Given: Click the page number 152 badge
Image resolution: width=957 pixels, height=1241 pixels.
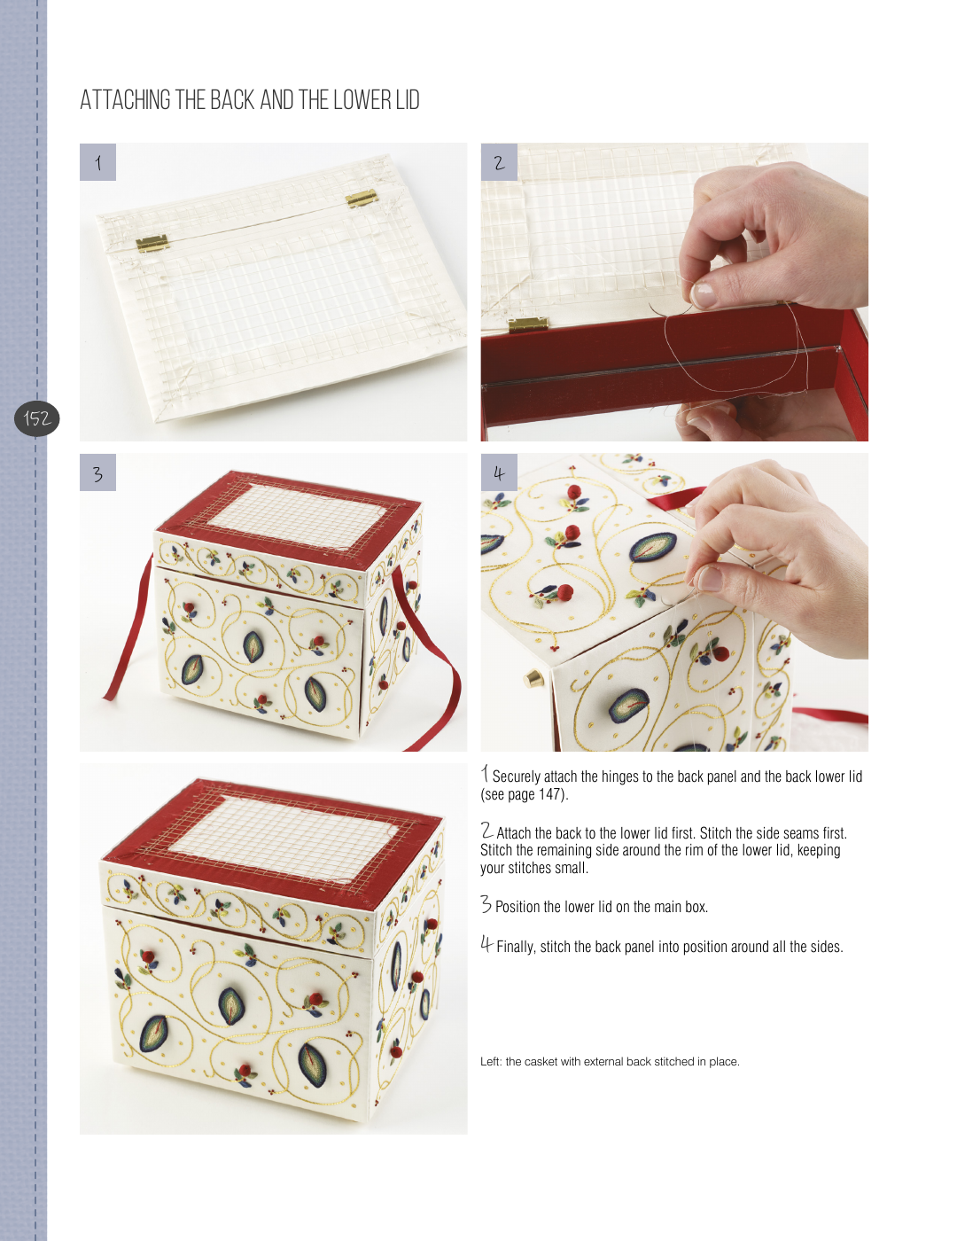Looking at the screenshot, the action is click(36, 418).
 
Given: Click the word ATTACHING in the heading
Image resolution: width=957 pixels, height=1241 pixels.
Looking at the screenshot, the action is click(125, 100).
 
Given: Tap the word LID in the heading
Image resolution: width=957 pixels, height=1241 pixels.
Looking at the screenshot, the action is click(408, 100).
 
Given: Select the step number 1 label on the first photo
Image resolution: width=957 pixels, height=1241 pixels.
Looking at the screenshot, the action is click(97, 162).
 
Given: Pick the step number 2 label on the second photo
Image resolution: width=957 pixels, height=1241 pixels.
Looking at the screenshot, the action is click(499, 162).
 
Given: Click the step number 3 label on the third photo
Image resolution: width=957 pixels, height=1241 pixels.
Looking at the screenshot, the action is click(97, 472).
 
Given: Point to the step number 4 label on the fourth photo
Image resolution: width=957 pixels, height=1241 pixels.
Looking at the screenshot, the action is click(499, 472).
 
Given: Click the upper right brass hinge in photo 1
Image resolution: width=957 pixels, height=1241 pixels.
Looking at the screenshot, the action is click(362, 199).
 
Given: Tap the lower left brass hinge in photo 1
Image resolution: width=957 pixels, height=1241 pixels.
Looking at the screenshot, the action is click(152, 244).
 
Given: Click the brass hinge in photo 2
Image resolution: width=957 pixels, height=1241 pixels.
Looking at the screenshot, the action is click(528, 325).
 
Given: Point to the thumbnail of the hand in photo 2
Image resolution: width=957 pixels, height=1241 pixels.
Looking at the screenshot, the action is click(703, 294).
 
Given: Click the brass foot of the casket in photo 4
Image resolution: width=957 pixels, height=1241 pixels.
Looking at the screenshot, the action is click(533, 679).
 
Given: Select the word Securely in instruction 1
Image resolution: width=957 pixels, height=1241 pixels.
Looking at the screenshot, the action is click(516, 777).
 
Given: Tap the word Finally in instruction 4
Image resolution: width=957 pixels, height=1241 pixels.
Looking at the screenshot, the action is click(516, 947).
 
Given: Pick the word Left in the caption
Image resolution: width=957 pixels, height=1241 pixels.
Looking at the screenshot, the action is click(491, 1062).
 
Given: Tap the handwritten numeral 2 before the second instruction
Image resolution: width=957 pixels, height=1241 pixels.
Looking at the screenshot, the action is click(486, 830).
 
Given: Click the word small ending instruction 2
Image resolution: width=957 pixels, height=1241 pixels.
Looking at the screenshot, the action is click(573, 868).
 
